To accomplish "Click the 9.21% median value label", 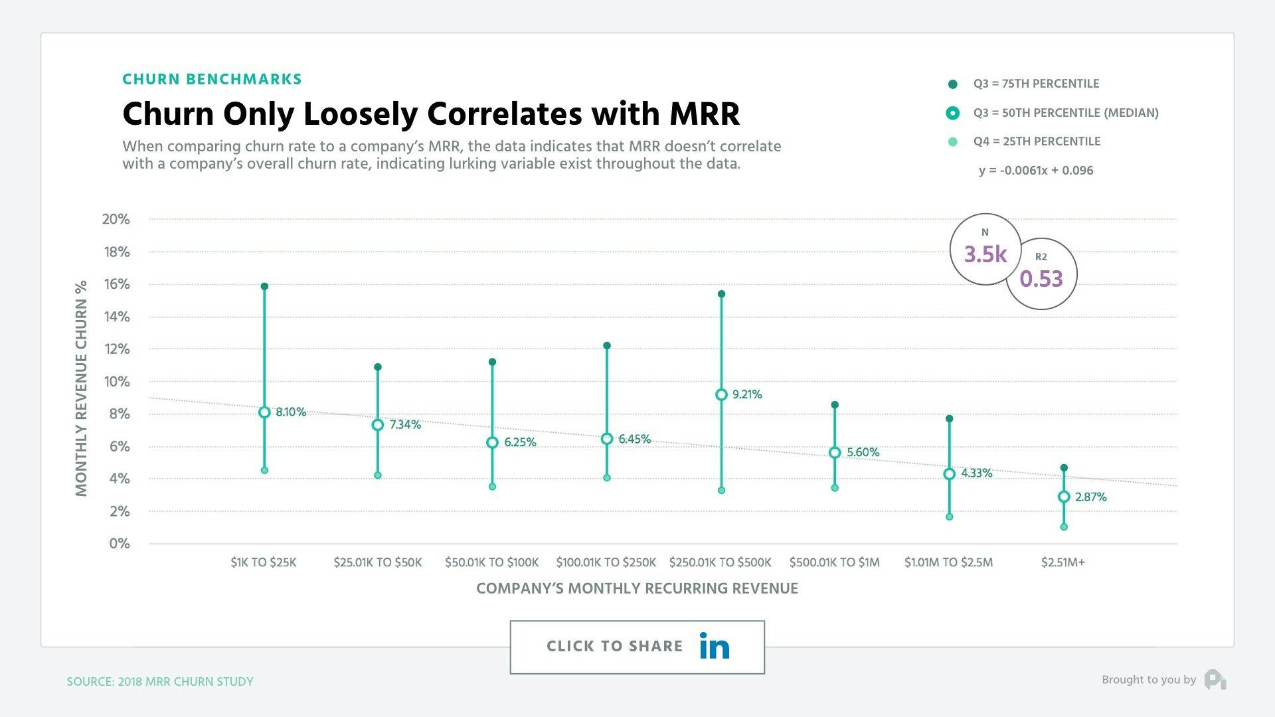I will coord(747,394).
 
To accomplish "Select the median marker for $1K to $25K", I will coord(264,412).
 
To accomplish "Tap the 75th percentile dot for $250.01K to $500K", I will coord(721,294).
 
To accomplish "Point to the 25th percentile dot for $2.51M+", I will coord(1064,527).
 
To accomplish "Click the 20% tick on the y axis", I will coord(116,219).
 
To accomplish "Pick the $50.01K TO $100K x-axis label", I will coord(491,562).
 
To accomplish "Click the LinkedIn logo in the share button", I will coord(715,646).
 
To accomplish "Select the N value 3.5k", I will coord(985,254).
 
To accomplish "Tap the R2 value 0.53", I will coord(1041,279).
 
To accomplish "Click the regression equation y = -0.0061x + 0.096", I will coord(1036,171).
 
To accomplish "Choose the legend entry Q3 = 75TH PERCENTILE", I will coord(1036,84).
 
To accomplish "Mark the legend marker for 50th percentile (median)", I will coord(953,113).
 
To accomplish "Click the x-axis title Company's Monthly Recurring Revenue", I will coord(637,588).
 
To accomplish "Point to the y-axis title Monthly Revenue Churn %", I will coord(82,388).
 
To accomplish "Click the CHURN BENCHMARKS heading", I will coord(212,80).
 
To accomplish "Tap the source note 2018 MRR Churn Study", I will coord(160,682).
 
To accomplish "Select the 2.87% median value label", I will coord(1091,497).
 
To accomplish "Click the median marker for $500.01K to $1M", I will coord(835,453).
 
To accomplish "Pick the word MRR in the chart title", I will coord(704,114).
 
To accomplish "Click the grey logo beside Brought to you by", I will coord(1215,680).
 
